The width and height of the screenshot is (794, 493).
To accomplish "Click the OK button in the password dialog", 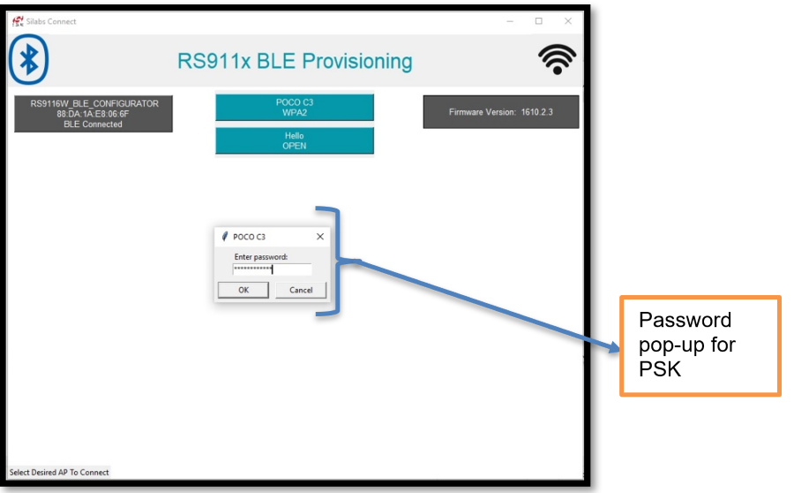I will pos(243,290).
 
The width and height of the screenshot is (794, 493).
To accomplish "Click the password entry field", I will pos(273,269).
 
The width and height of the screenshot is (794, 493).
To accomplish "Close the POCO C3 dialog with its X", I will pos(319,237).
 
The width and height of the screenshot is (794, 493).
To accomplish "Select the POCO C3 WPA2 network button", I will pos(295,108).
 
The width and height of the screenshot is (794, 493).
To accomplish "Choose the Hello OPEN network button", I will pos(295,141).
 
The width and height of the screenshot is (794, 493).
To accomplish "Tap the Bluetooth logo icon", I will pos(29,60).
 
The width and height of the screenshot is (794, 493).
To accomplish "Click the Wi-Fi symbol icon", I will pos(557,60).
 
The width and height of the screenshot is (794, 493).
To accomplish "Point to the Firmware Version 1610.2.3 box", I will pos(501,112).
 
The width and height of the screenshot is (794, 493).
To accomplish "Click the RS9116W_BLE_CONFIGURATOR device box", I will pos(94,114).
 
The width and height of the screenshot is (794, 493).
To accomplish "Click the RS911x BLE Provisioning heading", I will pos(295,61).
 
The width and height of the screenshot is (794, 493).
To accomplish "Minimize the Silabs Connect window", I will pos(510,21).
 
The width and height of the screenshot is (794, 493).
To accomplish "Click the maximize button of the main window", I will pos(539,21).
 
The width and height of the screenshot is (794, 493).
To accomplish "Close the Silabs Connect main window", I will pos(568,21).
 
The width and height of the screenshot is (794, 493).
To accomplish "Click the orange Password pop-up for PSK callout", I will pos(700,345).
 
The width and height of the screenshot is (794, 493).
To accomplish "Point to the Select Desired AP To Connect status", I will pos(59,473).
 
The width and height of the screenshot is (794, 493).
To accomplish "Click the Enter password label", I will pos(261,256).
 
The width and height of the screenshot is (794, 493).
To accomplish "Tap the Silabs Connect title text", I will pos(51,21).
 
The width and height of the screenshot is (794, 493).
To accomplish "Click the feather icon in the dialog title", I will pos(225,237).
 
